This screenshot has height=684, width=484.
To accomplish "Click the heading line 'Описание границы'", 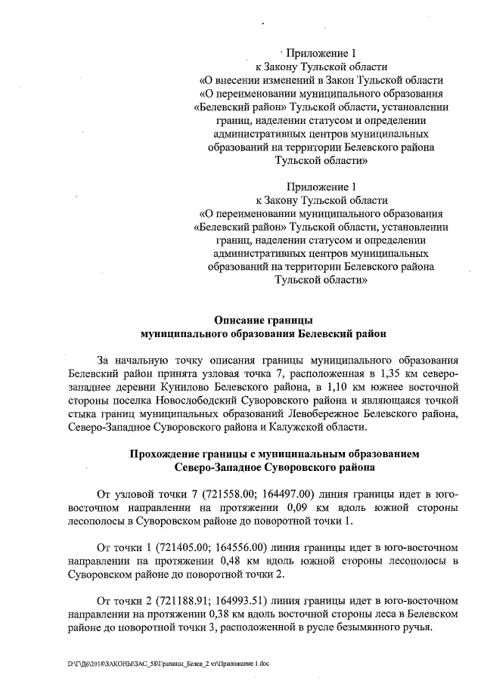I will coord(263,320).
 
